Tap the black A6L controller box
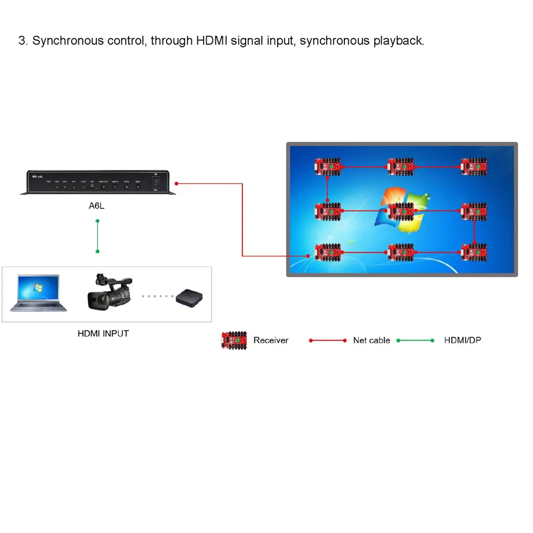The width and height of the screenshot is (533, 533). pos(97,182)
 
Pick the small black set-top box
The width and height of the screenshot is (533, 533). pos(190,296)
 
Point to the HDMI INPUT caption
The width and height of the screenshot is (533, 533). pos(103,334)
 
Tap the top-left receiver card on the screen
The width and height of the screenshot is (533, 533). pos(327,166)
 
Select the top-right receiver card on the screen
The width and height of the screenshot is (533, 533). pos(474,166)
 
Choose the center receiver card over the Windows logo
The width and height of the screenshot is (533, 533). pos(401,212)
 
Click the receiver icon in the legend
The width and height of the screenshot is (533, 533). pos(234,340)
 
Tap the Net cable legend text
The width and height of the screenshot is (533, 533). pos(372,340)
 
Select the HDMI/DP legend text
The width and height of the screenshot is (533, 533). pos(462,340)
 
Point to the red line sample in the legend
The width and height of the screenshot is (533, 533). pos(328,340)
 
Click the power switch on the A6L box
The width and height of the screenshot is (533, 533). pos(156,181)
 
